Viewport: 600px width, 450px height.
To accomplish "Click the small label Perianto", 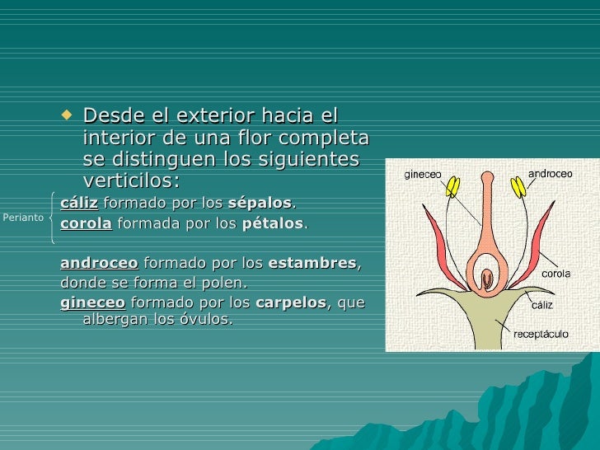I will (23, 218).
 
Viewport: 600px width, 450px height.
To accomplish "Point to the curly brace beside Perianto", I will (54, 218).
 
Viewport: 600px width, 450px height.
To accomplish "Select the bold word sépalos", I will (260, 203).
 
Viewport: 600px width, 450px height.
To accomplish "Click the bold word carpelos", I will (291, 302).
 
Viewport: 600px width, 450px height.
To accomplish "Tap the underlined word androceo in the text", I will (100, 263).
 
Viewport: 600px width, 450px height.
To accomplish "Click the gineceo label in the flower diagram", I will (422, 175).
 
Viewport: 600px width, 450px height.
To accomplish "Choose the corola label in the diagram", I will (556, 273).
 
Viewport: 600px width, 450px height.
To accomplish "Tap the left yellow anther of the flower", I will (452, 187).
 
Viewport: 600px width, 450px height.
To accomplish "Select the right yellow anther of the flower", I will (519, 188).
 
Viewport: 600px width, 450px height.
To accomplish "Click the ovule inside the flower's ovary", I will (486, 279).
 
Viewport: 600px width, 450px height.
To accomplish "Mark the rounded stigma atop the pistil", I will (488, 178).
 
